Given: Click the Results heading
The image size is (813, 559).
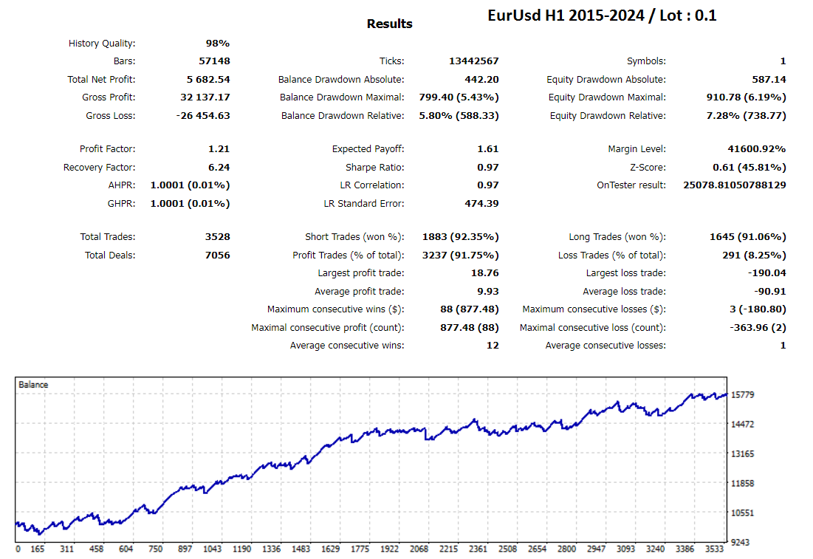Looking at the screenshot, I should pos(389,24).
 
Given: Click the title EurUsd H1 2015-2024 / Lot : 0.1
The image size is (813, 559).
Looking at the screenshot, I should pos(602,15).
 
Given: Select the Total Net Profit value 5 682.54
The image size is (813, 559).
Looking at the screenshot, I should pos(208,80).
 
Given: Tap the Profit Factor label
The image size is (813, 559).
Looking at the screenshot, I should pos(107,149).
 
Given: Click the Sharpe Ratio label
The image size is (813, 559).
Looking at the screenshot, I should pos(374,168).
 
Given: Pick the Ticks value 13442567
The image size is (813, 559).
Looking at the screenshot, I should pos(473,61).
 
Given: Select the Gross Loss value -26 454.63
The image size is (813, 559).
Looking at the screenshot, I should pos(203,116).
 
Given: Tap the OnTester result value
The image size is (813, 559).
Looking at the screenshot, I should pos(735,185).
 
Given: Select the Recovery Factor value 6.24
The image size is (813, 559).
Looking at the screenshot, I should pos(219,168).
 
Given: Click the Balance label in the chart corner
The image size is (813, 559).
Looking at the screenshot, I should pos(33,385).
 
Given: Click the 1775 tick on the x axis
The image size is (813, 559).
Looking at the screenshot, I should pos(360,549).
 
